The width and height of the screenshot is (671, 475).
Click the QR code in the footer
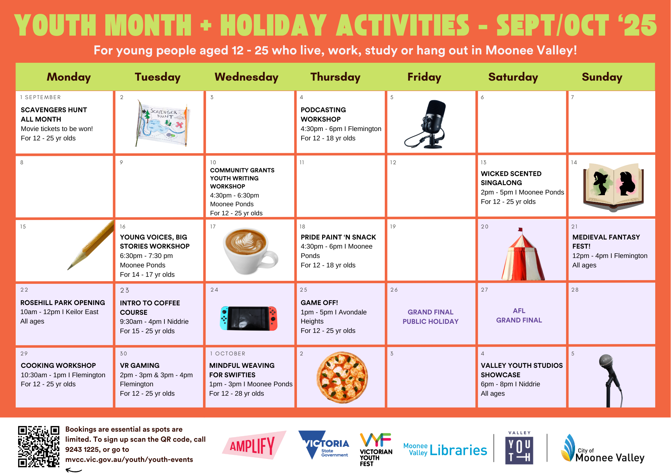(39, 446)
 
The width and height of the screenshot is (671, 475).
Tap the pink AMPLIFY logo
(254, 445)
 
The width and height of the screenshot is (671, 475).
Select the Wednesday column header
(247, 77)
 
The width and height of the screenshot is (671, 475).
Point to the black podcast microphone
(426, 124)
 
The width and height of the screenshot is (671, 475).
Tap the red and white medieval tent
(523, 254)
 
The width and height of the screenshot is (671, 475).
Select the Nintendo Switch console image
(249, 318)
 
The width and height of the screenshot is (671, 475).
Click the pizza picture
(342, 377)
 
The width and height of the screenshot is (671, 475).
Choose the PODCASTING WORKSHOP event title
(323, 115)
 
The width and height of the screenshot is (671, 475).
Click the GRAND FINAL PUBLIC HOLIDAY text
(430, 317)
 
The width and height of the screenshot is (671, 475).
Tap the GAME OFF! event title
(319, 303)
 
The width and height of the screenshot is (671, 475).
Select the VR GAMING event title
(140, 365)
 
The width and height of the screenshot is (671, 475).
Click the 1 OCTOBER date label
(227, 353)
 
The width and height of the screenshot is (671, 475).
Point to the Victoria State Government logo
(324, 445)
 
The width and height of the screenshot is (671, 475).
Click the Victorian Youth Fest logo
(376, 449)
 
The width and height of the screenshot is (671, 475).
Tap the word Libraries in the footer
(458, 450)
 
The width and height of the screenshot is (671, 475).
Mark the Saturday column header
(513, 77)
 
